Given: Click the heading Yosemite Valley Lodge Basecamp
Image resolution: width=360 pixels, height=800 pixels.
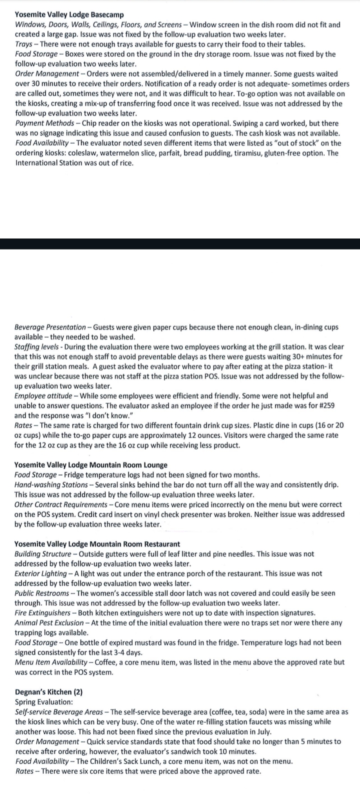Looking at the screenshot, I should pyautogui.click(x=69, y=15).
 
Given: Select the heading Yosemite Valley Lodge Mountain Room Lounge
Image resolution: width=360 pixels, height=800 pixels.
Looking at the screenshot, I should pyautogui.click(x=90, y=465).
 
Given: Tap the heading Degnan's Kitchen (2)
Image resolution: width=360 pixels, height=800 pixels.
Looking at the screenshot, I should pyautogui.click(x=48, y=692).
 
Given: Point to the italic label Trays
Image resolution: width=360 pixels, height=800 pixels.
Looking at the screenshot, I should pyautogui.click(x=23, y=44).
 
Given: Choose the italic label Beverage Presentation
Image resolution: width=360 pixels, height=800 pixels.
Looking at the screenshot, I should pyautogui.click(x=50, y=327).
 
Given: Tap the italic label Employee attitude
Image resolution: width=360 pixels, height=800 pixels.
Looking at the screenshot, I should pyautogui.click(x=42, y=395).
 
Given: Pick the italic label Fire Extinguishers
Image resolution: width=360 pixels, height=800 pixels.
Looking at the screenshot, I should pyautogui.click(x=42, y=612).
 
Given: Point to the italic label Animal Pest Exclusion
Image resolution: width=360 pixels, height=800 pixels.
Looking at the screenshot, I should pyautogui.click(x=49, y=622).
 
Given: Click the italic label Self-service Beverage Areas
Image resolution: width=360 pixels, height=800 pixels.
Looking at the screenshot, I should pyautogui.click(x=58, y=711).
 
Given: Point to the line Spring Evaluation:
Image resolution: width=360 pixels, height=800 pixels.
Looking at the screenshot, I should pyautogui.click(x=44, y=702).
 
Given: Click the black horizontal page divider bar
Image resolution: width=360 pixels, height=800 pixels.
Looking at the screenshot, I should pyautogui.click(x=180, y=244).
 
